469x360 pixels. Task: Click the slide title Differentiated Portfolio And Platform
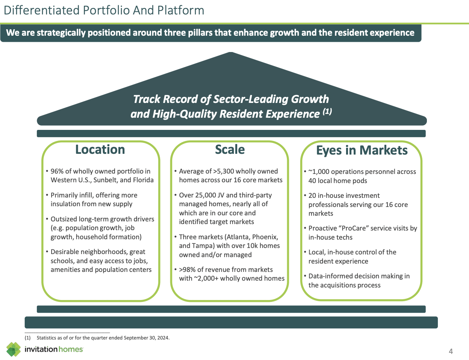104,10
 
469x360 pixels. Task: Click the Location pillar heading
100,149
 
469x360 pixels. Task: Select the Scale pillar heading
230,149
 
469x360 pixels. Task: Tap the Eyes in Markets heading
362,150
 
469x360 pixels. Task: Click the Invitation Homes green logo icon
14,349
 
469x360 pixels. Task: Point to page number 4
451,351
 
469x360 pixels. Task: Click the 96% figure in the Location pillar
57,171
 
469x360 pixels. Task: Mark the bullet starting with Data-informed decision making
359,281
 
